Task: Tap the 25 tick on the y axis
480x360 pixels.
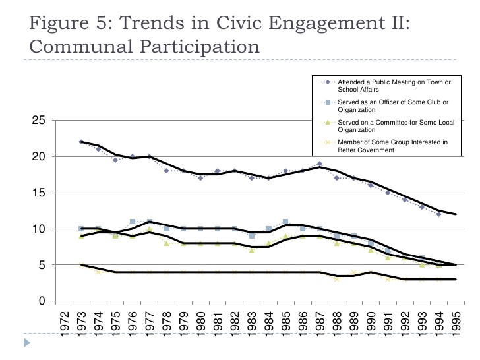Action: pyautogui.click(x=39, y=121)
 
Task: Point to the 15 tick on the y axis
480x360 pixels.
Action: pyautogui.click(x=39, y=193)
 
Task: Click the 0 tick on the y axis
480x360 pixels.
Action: pyautogui.click(x=42, y=301)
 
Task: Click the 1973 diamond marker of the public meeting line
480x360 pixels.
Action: pyautogui.click(x=81, y=142)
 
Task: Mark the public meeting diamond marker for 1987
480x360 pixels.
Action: pyautogui.click(x=320, y=164)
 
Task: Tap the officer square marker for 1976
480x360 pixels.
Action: pyautogui.click(x=133, y=222)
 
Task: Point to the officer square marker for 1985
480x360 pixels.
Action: pyautogui.click(x=285, y=222)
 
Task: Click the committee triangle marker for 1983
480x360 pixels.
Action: pyautogui.click(x=251, y=251)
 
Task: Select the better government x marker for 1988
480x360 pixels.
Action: pyautogui.click(x=337, y=279)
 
